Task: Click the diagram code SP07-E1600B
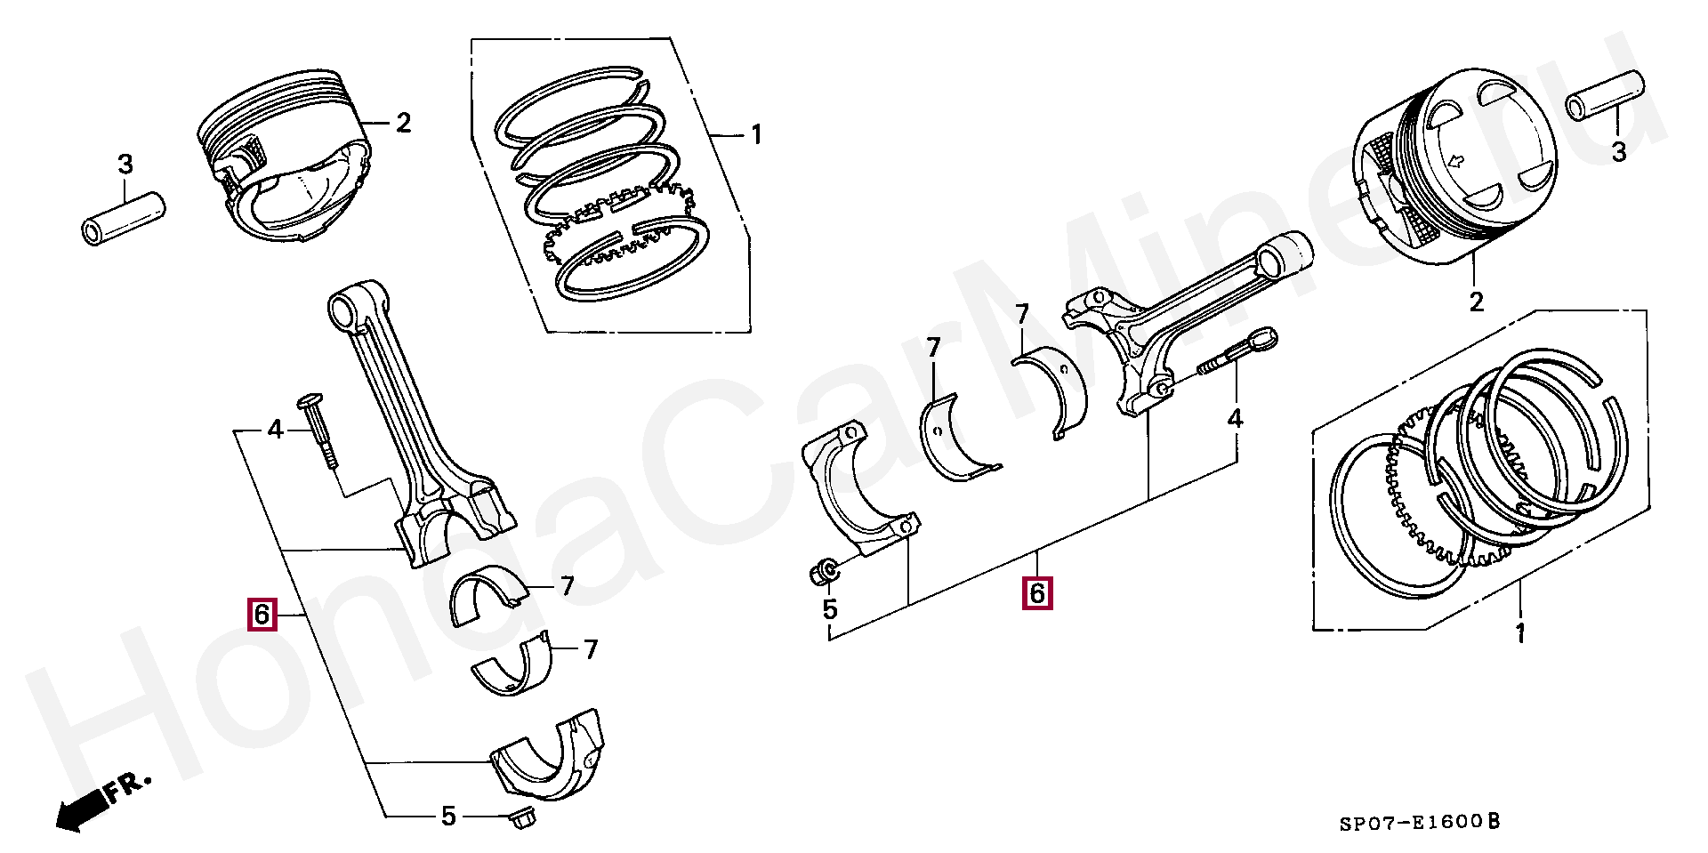pyautogui.click(x=1419, y=823)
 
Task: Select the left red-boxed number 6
pyautogui.click(x=262, y=615)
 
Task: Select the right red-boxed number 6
pyautogui.click(x=1037, y=593)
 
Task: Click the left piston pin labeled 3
pyautogui.click(x=123, y=217)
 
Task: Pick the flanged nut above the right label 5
pyautogui.click(x=823, y=573)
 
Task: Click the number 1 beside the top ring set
pyautogui.click(x=755, y=136)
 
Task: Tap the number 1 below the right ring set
pyautogui.click(x=1519, y=633)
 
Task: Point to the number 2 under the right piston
pyautogui.click(x=1477, y=302)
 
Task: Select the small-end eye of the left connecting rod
pyautogui.click(x=343, y=309)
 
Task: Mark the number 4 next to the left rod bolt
pyautogui.click(x=276, y=431)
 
